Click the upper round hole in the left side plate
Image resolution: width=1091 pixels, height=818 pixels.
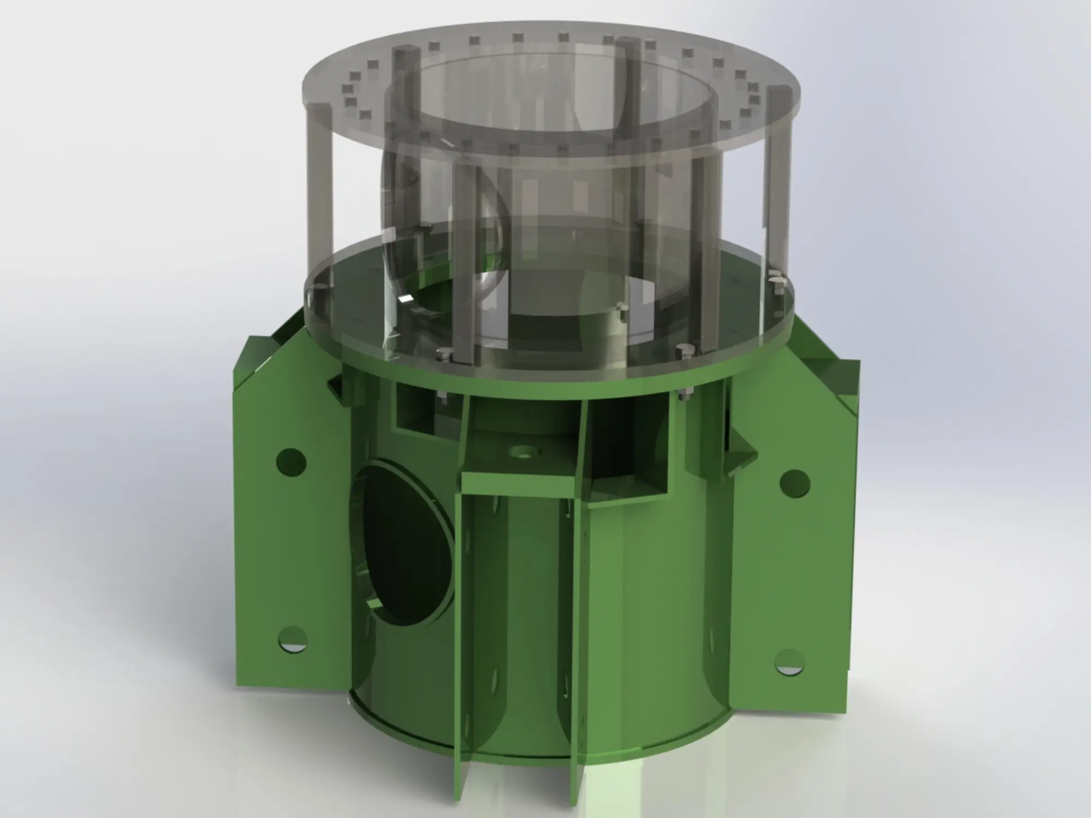coord(291,462)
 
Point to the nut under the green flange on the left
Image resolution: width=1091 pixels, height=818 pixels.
coord(443,397)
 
